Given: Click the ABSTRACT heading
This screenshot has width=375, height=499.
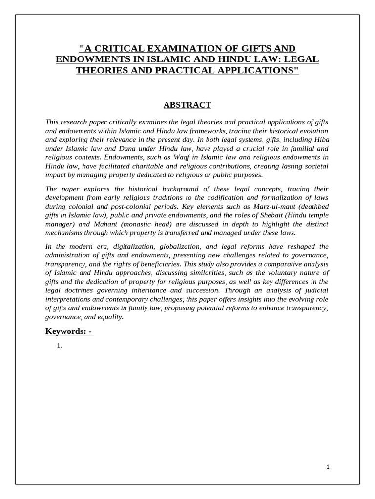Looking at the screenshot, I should (x=187, y=105).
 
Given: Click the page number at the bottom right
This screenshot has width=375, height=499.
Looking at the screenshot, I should (x=328, y=467).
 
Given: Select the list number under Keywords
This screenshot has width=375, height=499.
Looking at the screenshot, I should (x=61, y=346).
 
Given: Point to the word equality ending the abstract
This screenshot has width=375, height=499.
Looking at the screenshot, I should (x=110, y=316).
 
